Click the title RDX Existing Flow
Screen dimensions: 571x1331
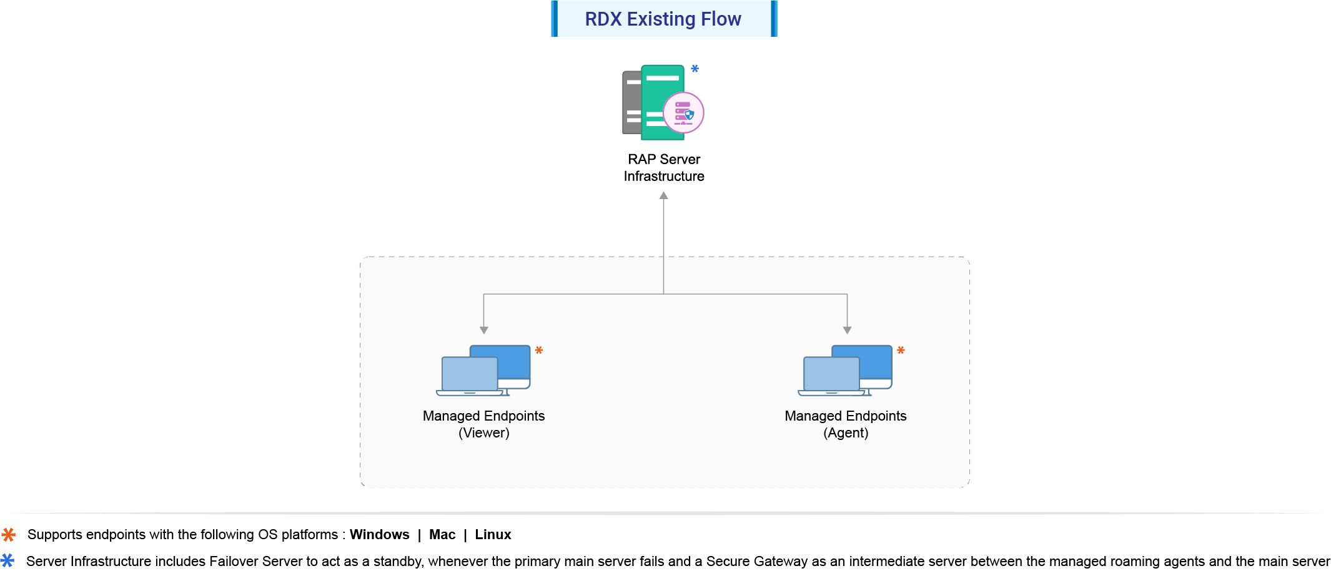(663, 19)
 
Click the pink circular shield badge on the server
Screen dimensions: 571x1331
(683, 113)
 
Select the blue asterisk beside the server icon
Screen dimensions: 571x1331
(695, 69)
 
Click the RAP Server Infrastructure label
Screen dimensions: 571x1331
(664, 168)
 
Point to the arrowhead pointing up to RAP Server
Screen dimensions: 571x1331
(664, 196)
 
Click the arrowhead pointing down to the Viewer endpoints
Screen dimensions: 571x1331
(484, 329)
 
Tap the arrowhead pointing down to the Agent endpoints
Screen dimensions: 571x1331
(847, 329)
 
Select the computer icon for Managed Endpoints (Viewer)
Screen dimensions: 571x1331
(483, 371)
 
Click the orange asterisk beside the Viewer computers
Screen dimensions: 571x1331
(539, 351)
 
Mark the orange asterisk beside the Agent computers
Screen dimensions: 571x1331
(901, 351)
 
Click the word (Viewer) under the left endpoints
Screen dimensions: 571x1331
(484, 433)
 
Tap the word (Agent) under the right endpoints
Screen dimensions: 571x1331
(846, 433)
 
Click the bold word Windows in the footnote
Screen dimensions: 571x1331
(379, 535)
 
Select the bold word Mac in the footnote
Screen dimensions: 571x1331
(442, 535)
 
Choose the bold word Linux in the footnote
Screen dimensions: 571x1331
(493, 535)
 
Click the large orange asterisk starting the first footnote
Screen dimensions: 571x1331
(9, 535)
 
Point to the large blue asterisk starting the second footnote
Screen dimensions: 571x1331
(7, 560)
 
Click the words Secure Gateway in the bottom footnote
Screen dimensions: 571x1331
(757, 562)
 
